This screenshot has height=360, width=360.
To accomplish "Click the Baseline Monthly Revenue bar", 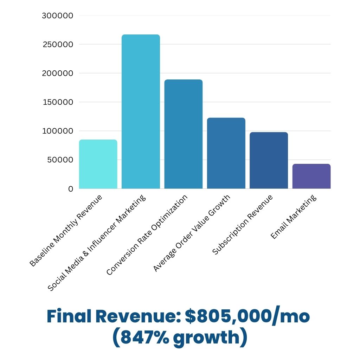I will point(98,164).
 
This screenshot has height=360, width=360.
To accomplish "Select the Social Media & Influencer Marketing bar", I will point(141,111).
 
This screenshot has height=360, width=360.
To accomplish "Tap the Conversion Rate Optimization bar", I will point(183,134).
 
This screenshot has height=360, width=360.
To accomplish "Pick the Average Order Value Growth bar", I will point(226,153).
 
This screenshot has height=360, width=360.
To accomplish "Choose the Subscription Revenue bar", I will point(269,160).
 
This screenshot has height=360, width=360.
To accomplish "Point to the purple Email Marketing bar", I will point(311,176).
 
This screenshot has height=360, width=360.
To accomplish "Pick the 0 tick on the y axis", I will point(71,189).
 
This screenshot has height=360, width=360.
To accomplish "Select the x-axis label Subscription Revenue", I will point(243,225).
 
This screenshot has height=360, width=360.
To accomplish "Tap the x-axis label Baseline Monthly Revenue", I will point(66,231).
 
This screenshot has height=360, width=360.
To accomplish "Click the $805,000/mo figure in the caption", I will point(247,317).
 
